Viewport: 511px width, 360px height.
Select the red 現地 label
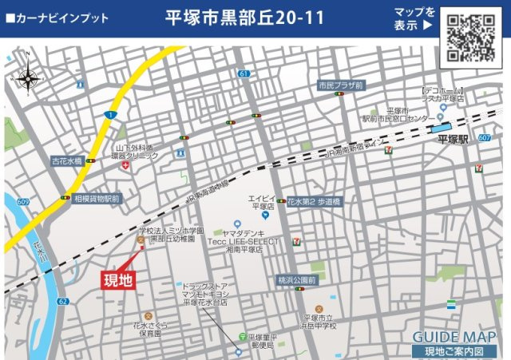tap(118, 279)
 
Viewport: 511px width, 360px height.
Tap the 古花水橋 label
tap(68, 161)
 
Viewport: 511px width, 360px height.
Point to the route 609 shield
tap(22, 201)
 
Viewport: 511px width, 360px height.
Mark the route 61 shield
tap(244, 73)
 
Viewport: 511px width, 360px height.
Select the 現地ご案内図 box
tap(454, 351)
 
